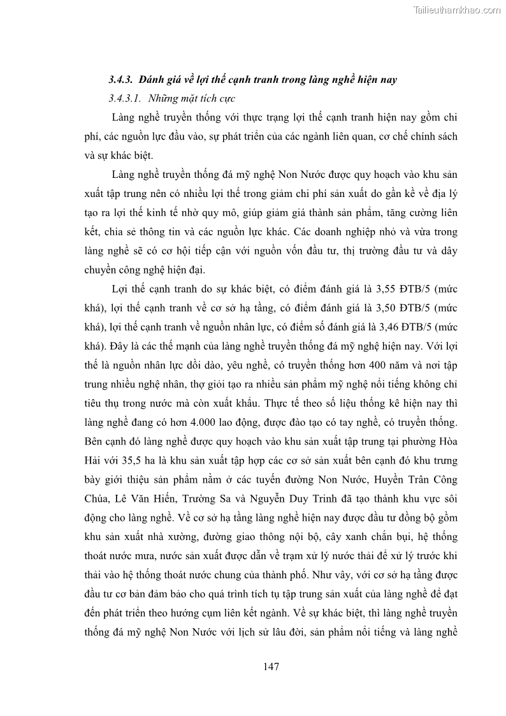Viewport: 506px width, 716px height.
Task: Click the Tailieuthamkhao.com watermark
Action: (x=457, y=10)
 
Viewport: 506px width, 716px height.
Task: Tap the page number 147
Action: (x=271, y=667)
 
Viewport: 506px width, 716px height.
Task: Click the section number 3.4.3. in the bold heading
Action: (x=119, y=80)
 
